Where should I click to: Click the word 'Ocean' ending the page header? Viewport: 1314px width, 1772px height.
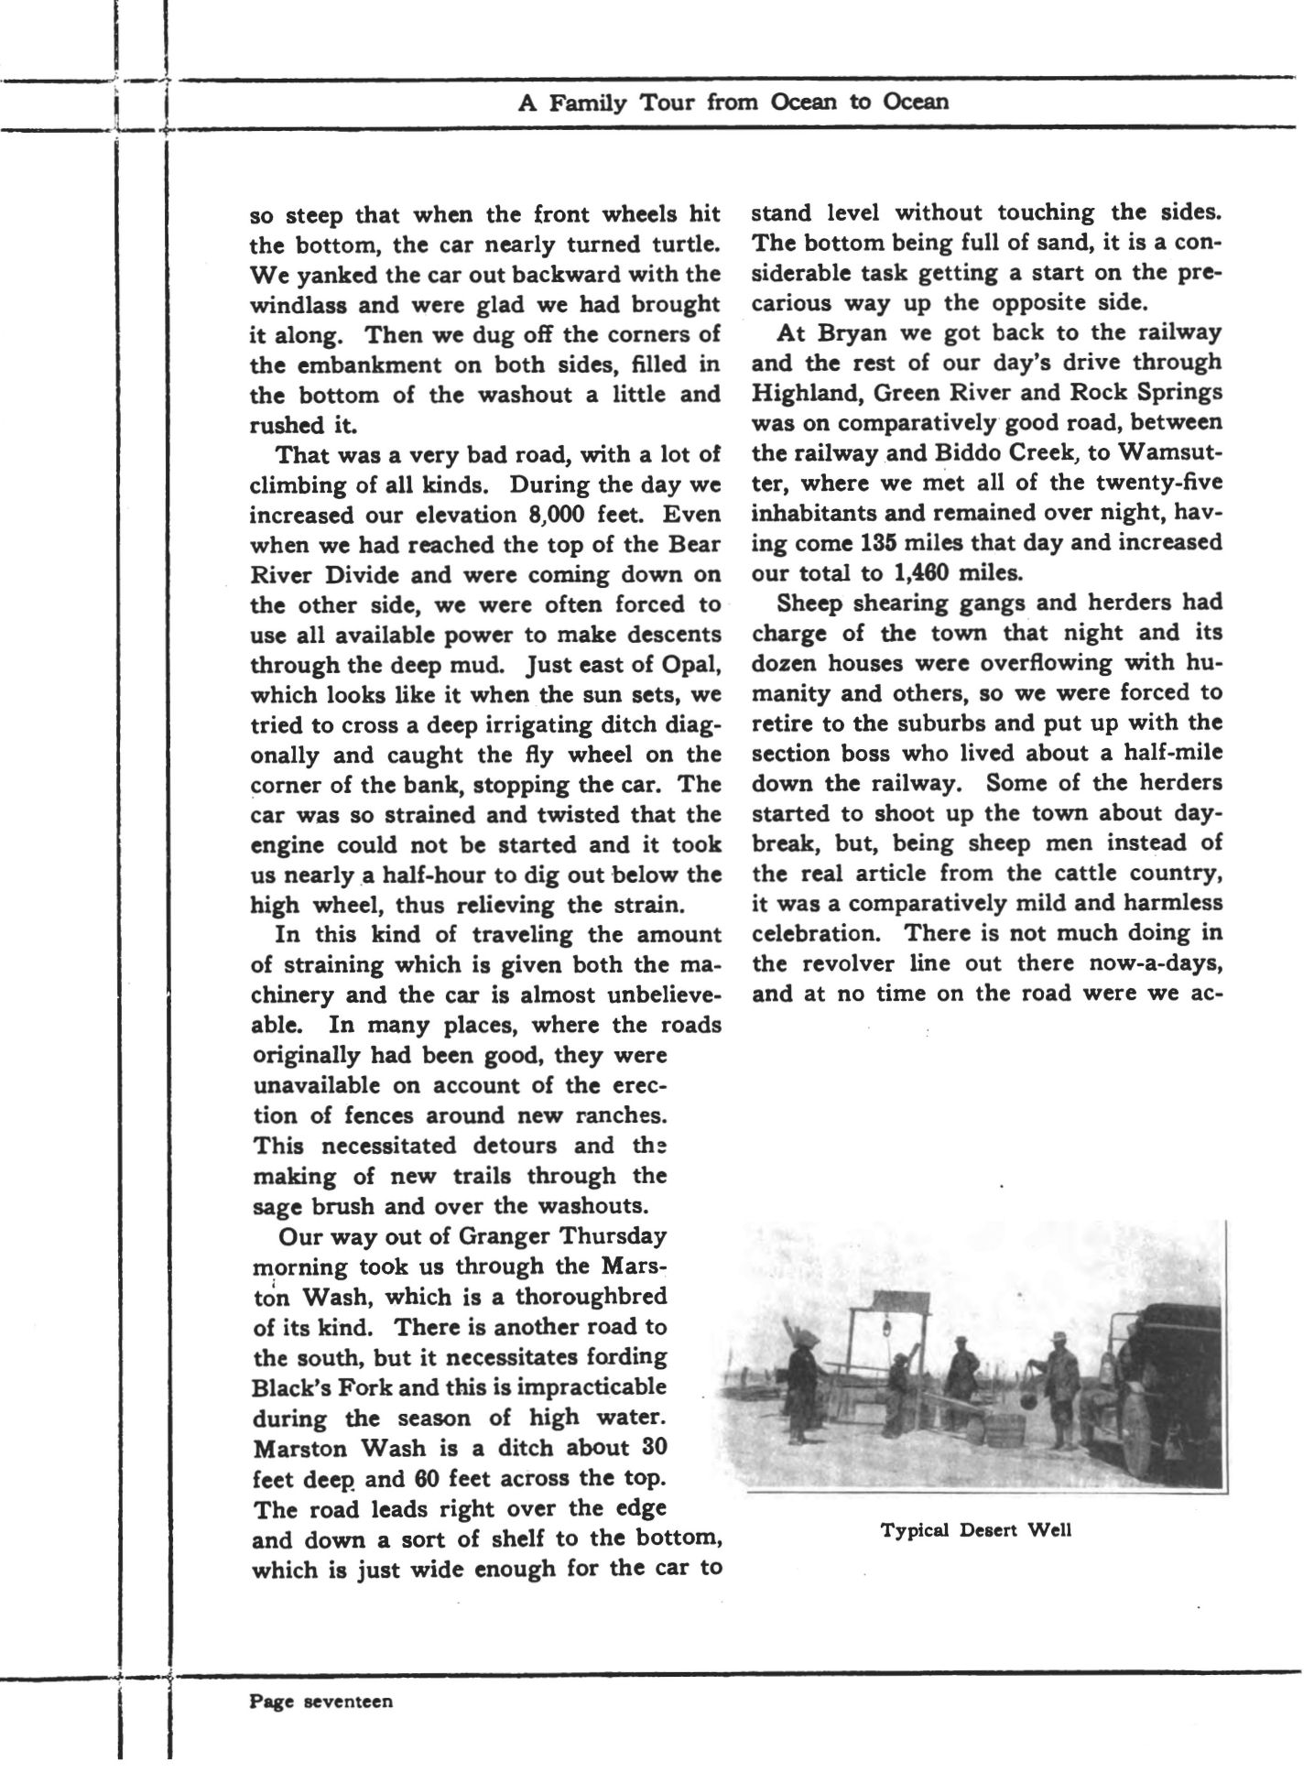915,102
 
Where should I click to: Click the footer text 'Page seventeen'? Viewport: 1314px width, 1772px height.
321,1702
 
